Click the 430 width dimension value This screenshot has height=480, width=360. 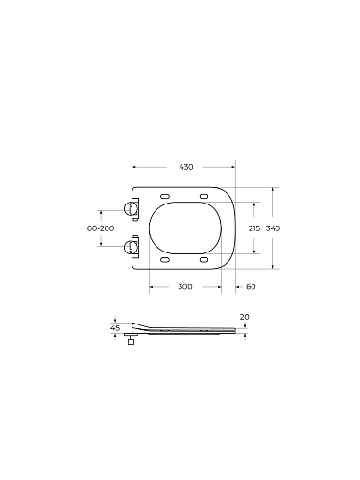[x=186, y=167]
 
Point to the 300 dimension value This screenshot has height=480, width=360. [x=184, y=287]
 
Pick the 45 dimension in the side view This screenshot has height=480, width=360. [x=115, y=328]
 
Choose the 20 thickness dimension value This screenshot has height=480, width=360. [x=244, y=317]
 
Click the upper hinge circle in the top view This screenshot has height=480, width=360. [x=131, y=208]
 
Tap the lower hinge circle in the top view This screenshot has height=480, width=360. [x=131, y=248]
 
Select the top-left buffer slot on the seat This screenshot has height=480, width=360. [x=166, y=198]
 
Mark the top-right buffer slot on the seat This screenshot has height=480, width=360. [x=204, y=198]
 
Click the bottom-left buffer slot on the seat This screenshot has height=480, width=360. [x=166, y=259]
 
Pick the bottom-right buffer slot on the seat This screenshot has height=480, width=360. [x=204, y=259]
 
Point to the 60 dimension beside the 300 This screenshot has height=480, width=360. [x=251, y=287]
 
